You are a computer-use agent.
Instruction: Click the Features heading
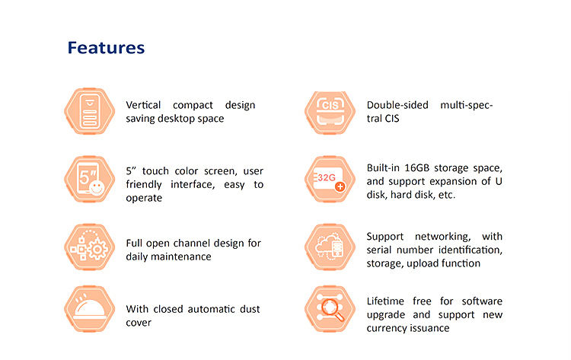pyautogui.click(x=106, y=48)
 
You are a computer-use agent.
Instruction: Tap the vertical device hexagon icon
pyautogui.click(x=90, y=111)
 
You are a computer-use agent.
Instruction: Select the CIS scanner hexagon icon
pyautogui.click(x=330, y=112)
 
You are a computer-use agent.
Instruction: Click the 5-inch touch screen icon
pyautogui.click(x=90, y=179)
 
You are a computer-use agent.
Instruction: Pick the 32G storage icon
pyautogui.click(x=330, y=179)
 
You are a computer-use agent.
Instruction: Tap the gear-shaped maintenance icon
pyautogui.click(x=90, y=247)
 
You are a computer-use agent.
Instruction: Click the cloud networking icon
pyautogui.click(x=330, y=247)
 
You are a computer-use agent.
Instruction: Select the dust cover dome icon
pyautogui.click(x=90, y=309)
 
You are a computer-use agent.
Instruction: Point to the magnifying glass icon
pyautogui.click(x=330, y=309)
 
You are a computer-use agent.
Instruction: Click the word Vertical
pyautogui.click(x=143, y=105)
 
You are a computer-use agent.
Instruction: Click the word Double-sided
pyautogui.click(x=397, y=105)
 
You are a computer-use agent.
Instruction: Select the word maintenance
pyautogui.click(x=181, y=256)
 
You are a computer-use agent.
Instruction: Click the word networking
pyautogui.click(x=442, y=237)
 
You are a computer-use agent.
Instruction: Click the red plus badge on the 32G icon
pyautogui.click(x=340, y=186)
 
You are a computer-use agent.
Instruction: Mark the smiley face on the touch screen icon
pyautogui.click(x=97, y=188)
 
